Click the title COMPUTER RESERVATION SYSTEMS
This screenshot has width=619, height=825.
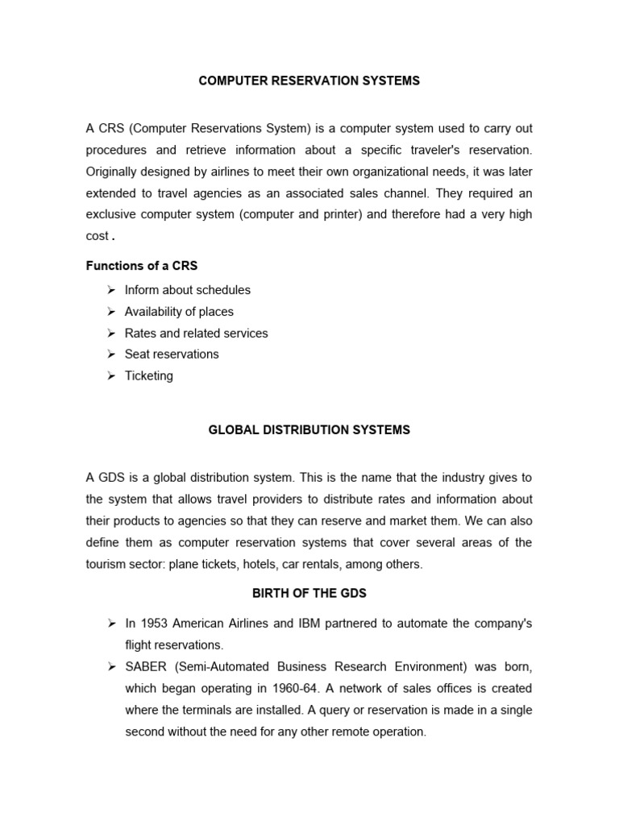(309, 81)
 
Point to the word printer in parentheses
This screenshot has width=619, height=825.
(341, 214)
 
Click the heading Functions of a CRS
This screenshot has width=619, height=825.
(142, 266)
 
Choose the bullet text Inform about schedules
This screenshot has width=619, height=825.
(187, 290)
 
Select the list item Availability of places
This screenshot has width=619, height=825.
(179, 312)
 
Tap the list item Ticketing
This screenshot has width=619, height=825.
(148, 376)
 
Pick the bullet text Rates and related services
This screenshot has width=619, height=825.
(196, 334)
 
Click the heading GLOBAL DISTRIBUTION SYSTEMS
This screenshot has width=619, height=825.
(309, 430)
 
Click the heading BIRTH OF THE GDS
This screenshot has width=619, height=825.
(309, 594)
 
